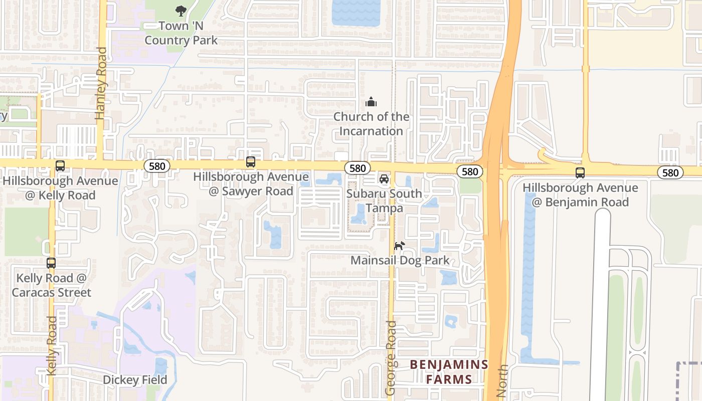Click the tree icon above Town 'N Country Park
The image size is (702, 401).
181,11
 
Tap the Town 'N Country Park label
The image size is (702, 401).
181,33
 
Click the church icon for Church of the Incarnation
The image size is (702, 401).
371,102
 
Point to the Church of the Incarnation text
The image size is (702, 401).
371,124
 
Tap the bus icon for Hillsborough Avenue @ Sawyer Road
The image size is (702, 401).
251,162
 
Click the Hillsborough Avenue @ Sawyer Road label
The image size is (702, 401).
251,184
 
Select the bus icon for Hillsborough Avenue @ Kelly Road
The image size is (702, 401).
60,166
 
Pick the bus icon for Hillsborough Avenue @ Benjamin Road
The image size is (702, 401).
580,173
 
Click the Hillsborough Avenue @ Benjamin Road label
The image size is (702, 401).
580,195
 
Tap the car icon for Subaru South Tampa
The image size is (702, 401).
384,179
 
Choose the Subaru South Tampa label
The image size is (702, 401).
384,200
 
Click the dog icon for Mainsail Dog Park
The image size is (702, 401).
399,246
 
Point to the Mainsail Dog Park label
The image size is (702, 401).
400,261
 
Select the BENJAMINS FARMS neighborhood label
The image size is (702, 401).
449,371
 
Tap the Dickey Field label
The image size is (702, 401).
135,380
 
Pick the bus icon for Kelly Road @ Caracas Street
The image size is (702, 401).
51,263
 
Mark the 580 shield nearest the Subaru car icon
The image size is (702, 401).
358,168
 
